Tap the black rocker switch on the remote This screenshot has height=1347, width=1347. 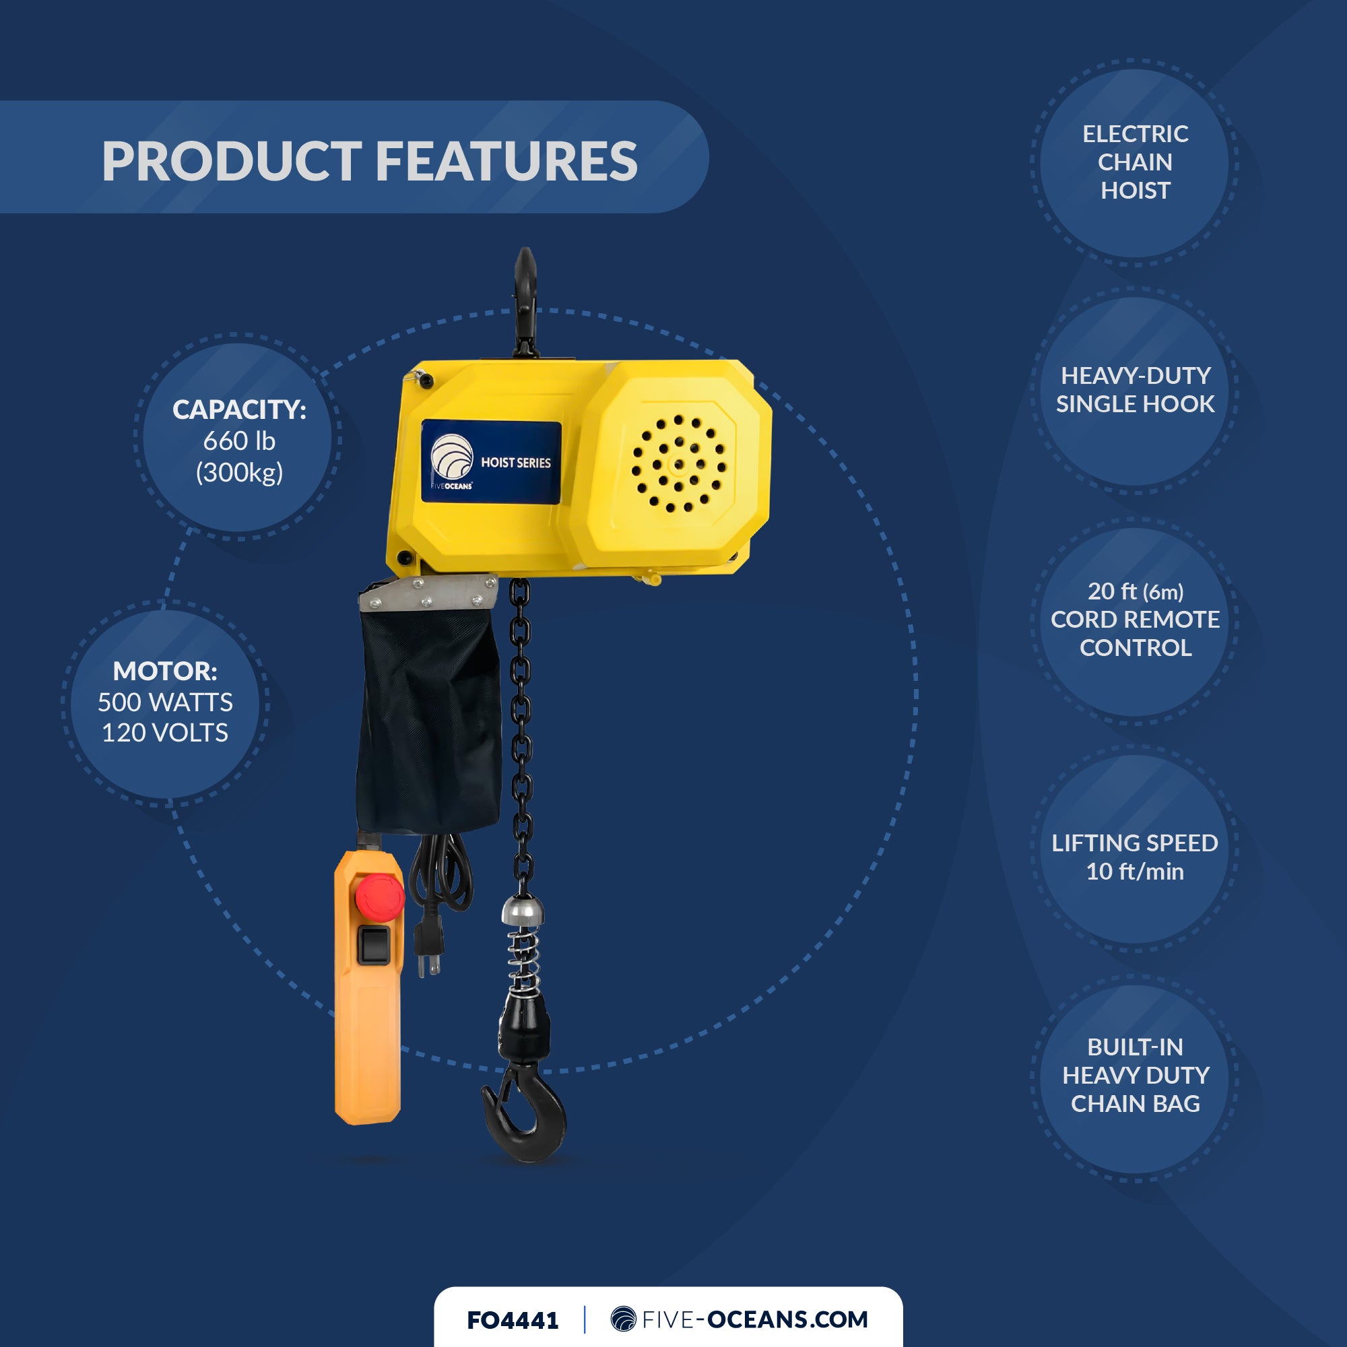pyautogui.click(x=374, y=946)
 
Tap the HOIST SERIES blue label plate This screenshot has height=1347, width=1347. pyautogui.click(x=491, y=461)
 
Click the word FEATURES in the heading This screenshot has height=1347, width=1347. pyautogui.click(x=506, y=161)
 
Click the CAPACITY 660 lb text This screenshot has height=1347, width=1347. pyautogui.click(x=239, y=440)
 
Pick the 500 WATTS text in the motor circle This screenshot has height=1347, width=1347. pyautogui.click(x=165, y=702)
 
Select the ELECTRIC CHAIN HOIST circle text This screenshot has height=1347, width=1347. pyautogui.click(x=1134, y=162)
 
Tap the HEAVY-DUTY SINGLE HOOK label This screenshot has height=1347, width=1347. pyautogui.click(x=1134, y=390)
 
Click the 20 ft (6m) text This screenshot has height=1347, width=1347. pyautogui.click(x=1134, y=591)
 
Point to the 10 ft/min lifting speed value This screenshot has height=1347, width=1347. pyautogui.click(x=1134, y=872)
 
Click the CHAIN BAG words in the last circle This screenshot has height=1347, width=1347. pyautogui.click(x=1134, y=1104)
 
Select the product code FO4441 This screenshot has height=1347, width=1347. pyautogui.click(x=513, y=1321)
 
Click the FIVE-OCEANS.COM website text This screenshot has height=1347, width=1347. pyautogui.click(x=754, y=1320)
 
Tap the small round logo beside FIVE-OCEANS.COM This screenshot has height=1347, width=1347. pyautogui.click(x=623, y=1319)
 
